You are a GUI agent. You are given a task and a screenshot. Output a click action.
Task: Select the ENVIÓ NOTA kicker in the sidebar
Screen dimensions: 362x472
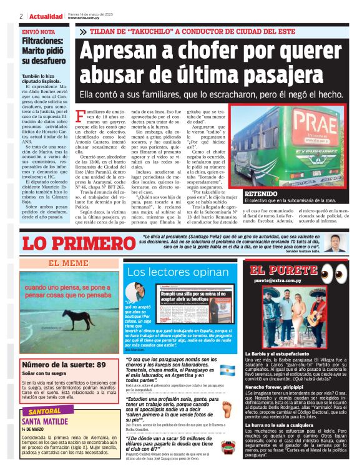39,31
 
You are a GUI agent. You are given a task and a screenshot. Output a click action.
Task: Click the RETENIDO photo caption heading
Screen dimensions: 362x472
261,194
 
